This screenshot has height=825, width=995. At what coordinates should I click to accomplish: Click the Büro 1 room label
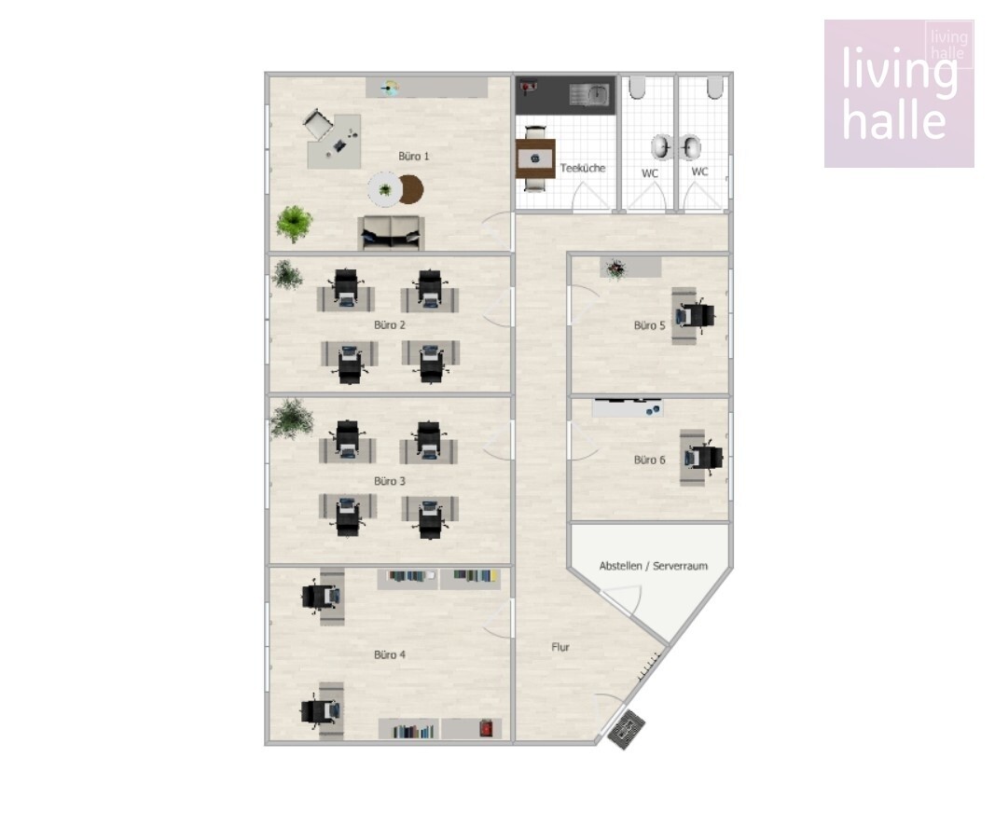tap(414, 156)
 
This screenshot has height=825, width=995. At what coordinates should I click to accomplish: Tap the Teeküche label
tap(583, 168)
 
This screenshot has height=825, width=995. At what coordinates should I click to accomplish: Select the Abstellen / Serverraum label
tap(653, 566)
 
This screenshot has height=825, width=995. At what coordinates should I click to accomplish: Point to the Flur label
tap(560, 647)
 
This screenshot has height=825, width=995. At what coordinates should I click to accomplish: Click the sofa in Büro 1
tap(391, 233)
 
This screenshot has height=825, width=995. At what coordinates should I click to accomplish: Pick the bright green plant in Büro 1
tap(294, 223)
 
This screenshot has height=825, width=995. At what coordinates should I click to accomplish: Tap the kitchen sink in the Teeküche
tap(588, 95)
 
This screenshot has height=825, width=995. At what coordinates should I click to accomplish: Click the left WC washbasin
tap(662, 147)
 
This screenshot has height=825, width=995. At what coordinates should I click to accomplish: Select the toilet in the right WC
tap(714, 89)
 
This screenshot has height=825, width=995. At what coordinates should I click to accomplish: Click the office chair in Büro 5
tap(696, 316)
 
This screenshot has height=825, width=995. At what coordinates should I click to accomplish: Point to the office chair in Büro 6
tap(703, 457)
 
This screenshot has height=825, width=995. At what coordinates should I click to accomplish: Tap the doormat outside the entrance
tap(627, 730)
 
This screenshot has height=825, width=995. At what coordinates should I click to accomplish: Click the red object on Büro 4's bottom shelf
tap(486, 727)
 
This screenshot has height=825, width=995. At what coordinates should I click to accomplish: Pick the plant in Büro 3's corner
tap(292, 418)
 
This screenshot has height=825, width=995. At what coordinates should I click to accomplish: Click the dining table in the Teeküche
tap(535, 158)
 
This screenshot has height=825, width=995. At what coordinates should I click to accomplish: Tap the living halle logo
tap(899, 94)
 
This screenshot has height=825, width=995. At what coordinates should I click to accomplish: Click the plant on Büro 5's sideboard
tap(615, 268)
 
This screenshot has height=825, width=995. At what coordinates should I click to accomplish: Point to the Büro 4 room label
tap(390, 655)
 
